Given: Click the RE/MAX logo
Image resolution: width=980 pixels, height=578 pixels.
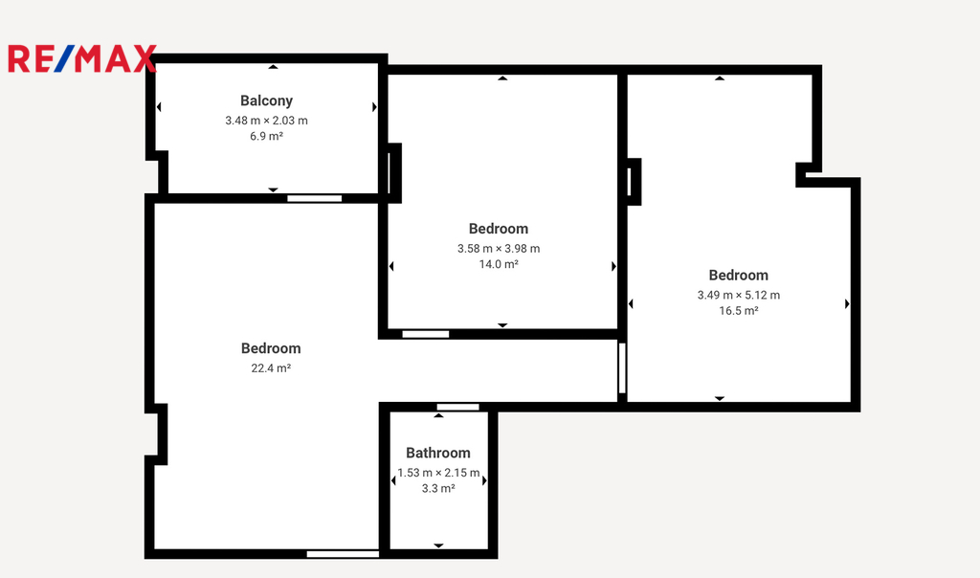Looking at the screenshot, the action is (82, 58).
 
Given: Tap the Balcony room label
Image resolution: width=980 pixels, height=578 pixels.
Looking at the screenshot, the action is (266, 100).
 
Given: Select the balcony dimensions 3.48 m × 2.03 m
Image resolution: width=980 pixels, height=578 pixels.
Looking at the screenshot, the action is (266, 121).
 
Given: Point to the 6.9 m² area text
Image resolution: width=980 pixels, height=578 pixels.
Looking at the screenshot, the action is (266, 136).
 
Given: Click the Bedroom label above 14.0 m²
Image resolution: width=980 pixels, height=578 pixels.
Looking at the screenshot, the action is (498, 229).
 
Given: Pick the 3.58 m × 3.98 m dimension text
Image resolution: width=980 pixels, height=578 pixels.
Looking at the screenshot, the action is (498, 249).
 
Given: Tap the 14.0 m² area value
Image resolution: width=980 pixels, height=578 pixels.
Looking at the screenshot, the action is (498, 264).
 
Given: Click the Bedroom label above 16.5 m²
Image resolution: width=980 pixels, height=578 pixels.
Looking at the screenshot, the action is (738, 276).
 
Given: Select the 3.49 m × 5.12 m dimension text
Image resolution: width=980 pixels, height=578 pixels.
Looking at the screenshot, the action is (738, 295).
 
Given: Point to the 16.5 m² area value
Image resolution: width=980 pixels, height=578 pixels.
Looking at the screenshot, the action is (738, 311).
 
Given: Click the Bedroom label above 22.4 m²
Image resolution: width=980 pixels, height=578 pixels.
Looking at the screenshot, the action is (271, 348).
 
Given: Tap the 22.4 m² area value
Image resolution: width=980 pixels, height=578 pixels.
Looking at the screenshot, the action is (271, 368).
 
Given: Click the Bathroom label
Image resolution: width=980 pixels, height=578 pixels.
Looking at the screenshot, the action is (438, 453).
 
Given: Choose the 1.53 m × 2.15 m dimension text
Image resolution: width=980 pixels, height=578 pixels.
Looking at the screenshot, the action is (438, 473).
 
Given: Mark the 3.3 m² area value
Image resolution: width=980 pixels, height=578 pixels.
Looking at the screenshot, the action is (438, 489).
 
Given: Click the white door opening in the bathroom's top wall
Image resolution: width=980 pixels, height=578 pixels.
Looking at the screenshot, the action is (457, 408).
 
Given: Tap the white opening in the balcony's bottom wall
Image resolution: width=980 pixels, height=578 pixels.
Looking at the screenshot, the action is (314, 199).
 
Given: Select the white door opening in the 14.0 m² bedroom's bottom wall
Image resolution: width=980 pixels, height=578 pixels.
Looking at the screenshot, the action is (426, 334).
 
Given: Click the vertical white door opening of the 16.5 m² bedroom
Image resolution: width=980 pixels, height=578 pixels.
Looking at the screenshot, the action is (622, 368).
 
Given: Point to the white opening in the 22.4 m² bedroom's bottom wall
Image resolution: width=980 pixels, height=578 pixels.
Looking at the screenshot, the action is (344, 554).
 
